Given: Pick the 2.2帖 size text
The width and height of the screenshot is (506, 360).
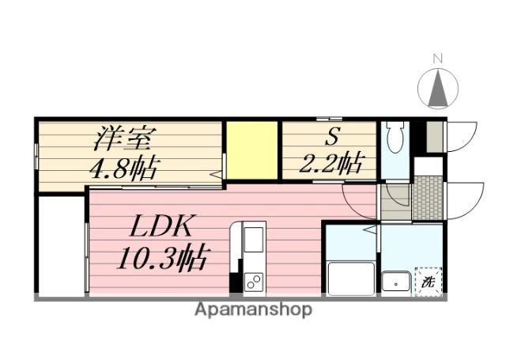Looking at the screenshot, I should pyautogui.click(x=330, y=164).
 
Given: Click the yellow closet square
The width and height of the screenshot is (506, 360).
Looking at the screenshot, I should pyautogui.click(x=252, y=150).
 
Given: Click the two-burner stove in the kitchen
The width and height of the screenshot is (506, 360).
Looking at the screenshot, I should pyautogui.click(x=255, y=281).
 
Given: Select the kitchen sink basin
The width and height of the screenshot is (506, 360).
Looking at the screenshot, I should pyautogui.click(x=255, y=240).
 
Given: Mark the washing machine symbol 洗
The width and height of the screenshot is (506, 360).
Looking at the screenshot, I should pyautogui.click(x=428, y=281).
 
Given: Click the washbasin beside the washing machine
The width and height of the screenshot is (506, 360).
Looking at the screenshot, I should pyautogui.click(x=395, y=281).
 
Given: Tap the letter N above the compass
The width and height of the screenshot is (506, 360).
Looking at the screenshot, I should pyautogui.click(x=437, y=58).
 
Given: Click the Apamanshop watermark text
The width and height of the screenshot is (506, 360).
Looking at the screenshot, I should pyautogui.click(x=253, y=309).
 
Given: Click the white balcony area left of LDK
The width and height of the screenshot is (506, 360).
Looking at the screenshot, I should pyautogui.click(x=60, y=245).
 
